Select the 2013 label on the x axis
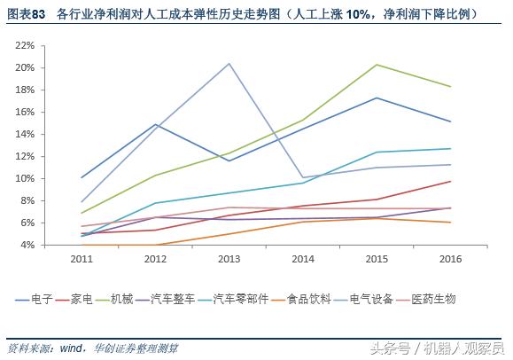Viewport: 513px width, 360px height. pyautogui.click(x=229, y=258)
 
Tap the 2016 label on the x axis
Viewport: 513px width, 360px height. pyautogui.click(x=450, y=258)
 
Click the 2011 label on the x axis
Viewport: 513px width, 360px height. pyautogui.click(x=82, y=258)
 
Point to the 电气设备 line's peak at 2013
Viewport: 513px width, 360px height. pyautogui.click(x=229, y=63)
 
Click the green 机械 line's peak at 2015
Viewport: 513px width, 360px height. pyautogui.click(x=377, y=65)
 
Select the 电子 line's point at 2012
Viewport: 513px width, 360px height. pyautogui.click(x=156, y=124)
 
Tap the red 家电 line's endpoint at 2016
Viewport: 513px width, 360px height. pyautogui.click(x=450, y=181)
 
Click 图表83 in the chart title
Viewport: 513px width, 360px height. pyautogui.click(x=27, y=13)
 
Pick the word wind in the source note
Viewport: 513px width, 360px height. pyautogui.click(x=72, y=347)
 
